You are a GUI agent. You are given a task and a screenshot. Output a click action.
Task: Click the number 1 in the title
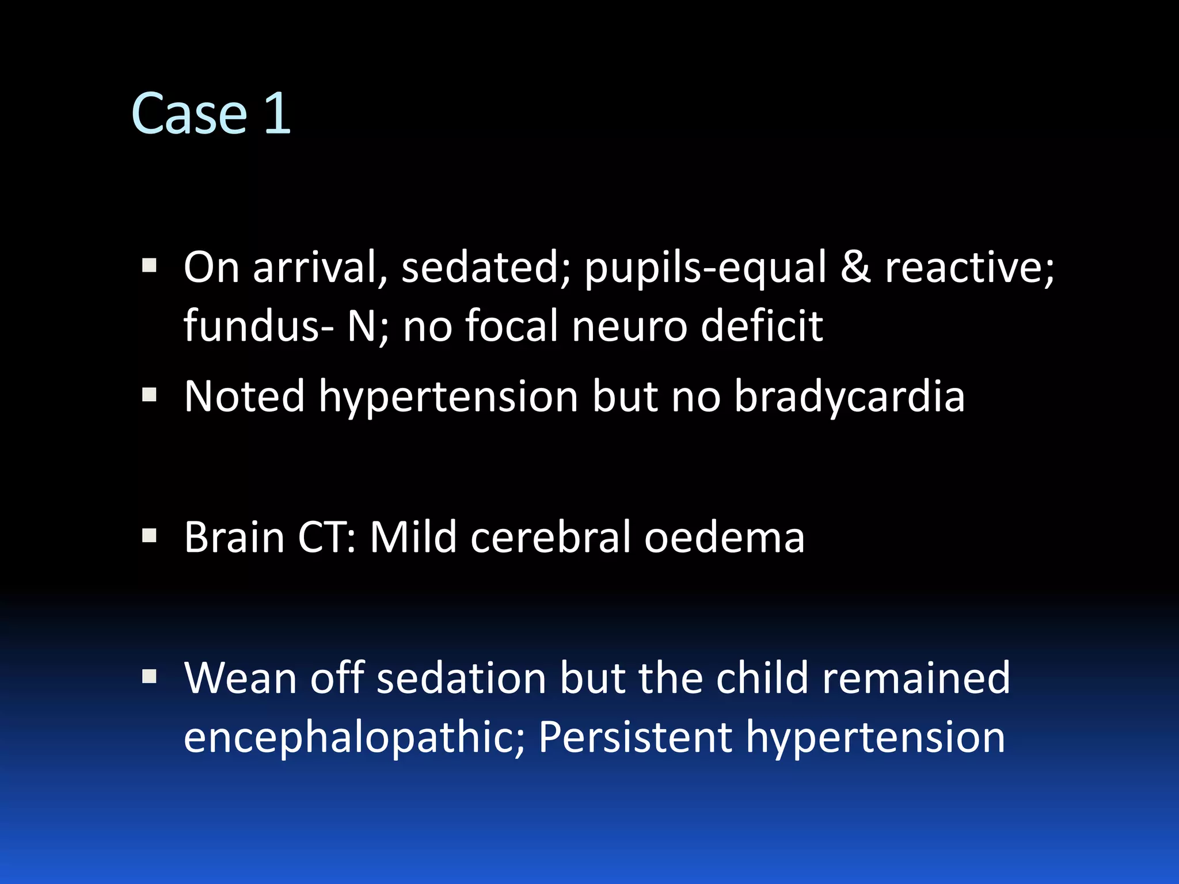(277, 114)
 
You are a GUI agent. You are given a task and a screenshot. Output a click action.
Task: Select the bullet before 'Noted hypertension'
(149, 394)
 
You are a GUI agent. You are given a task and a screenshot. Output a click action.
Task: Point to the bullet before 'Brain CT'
(149, 536)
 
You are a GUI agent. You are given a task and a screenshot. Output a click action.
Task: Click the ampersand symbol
(855, 267)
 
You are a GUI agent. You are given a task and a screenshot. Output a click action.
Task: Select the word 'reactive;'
(969, 268)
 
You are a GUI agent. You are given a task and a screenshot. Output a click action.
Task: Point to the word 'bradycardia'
(850, 397)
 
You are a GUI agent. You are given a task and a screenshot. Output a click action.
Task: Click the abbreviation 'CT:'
(327, 538)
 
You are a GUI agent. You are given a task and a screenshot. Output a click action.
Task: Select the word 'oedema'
(724, 538)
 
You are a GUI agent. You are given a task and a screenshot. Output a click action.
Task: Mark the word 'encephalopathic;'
(354, 738)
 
